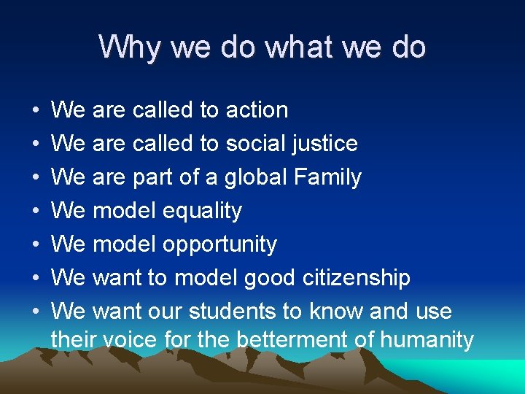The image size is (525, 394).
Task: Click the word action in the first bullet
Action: tap(257, 110)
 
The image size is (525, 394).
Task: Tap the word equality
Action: tap(202, 212)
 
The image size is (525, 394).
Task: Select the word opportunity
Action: tap(219, 245)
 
